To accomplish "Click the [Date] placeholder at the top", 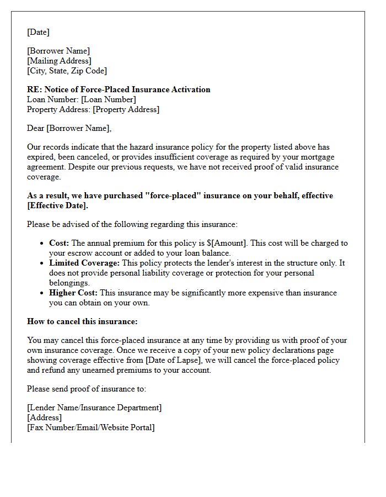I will click(38, 32).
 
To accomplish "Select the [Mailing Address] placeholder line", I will click(59, 61).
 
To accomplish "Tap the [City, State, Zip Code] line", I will click(67, 71).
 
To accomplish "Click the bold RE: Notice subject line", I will click(119, 89).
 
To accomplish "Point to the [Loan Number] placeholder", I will click(108, 99).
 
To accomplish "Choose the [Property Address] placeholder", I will click(126, 109).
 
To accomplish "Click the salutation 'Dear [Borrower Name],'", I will click(69, 128).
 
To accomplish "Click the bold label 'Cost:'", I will click(59, 243).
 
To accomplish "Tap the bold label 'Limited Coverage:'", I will click(84, 263).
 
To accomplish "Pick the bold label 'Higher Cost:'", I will click(73, 293).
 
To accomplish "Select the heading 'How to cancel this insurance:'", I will click(82, 321).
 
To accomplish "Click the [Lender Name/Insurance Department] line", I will click(94, 408).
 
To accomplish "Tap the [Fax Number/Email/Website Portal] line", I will click(91, 427).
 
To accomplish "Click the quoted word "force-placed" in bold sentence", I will click(182, 195).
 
